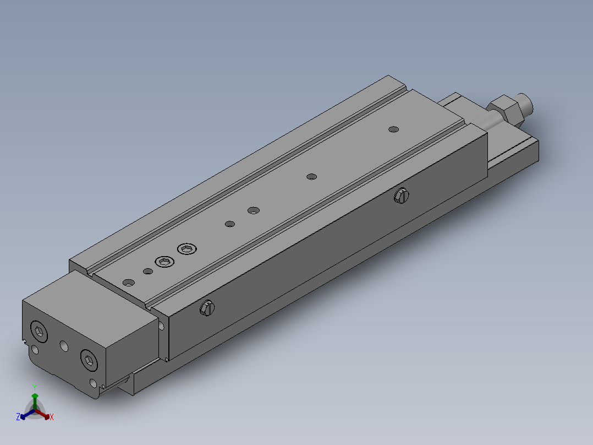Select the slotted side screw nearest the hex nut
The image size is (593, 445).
pyautogui.click(x=402, y=195)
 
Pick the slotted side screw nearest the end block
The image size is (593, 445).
pyautogui.click(x=207, y=308)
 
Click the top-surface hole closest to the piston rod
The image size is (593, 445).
pyautogui.click(x=393, y=129)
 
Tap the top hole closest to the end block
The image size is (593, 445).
pyautogui.click(x=129, y=283)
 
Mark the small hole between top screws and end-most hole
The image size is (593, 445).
pyautogui.click(x=147, y=271)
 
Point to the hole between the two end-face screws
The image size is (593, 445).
pyautogui.click(x=64, y=346)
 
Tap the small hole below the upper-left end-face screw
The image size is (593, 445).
pyautogui.click(x=35, y=350)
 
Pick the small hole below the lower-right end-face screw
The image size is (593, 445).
pyautogui.click(x=93, y=383)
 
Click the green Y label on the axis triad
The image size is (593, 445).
pyautogui.click(x=35, y=387)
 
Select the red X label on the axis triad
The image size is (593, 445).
pyautogui.click(x=52, y=417)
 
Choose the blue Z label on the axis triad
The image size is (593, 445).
pyautogui.click(x=18, y=417)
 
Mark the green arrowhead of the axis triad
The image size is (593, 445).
pyautogui.click(x=35, y=396)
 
